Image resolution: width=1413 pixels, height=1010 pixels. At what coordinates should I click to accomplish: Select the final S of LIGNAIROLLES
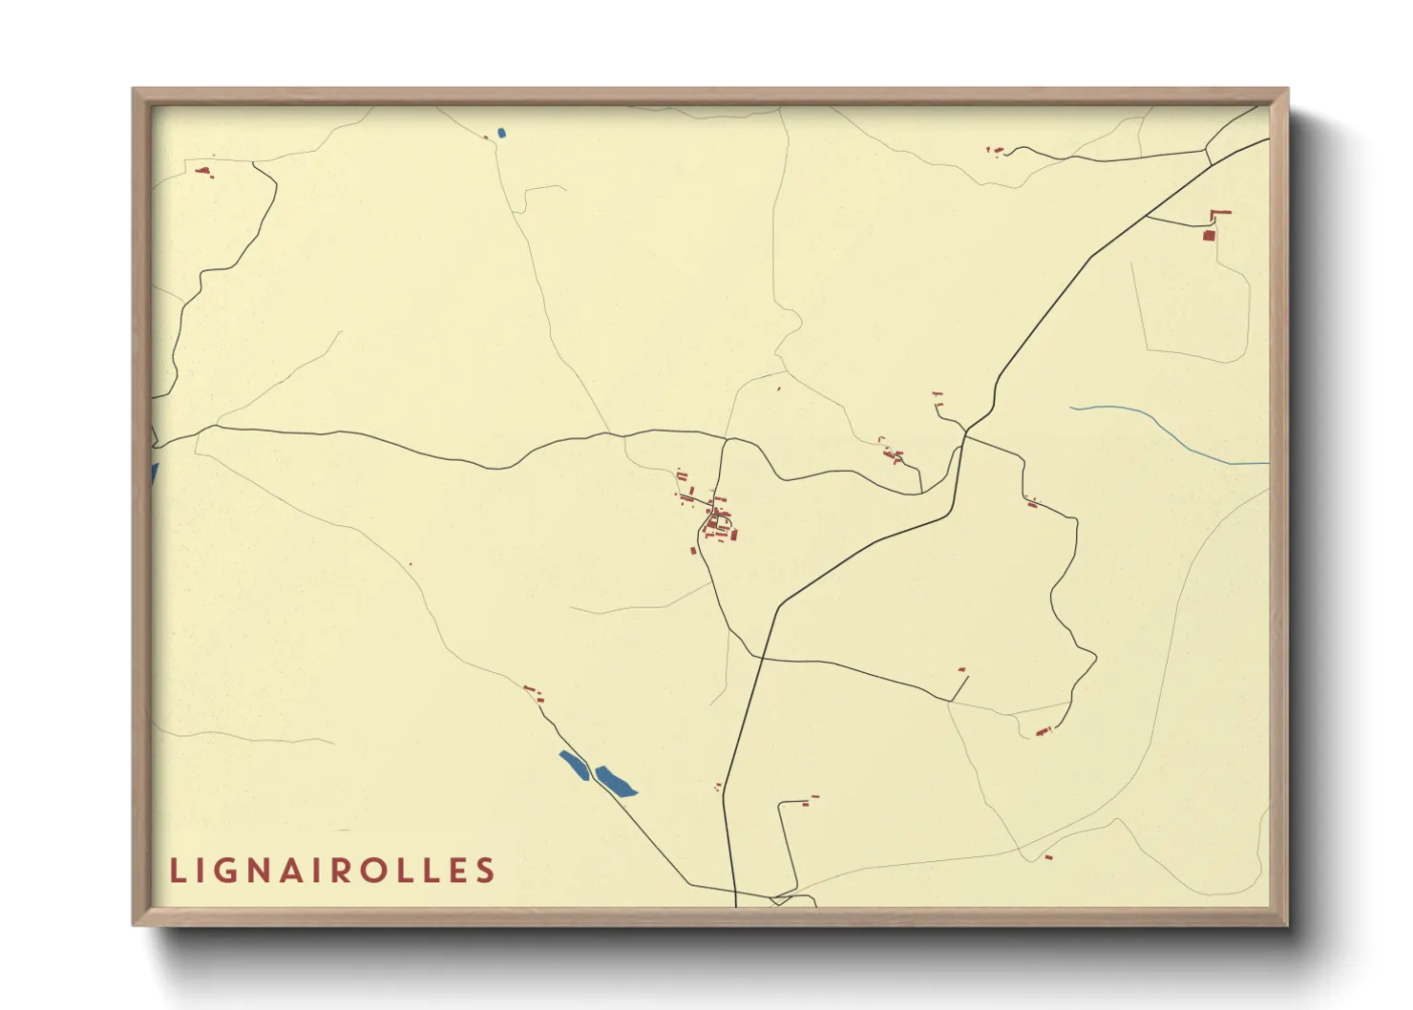[x=486, y=871]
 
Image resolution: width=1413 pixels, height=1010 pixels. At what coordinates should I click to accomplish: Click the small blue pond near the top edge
[x=502, y=133]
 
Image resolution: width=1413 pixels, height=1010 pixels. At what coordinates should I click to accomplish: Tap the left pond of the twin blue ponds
[x=574, y=765]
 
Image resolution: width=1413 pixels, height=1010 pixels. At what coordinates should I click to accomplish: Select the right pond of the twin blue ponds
[x=616, y=782]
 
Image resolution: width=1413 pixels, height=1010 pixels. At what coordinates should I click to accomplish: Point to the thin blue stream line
[x=1165, y=430]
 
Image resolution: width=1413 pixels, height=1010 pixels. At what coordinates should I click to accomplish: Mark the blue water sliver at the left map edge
[x=154, y=473]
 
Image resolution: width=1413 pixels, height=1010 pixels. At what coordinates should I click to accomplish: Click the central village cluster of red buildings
[x=717, y=521]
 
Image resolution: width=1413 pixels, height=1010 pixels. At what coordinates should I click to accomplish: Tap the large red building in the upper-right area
[x=1209, y=234]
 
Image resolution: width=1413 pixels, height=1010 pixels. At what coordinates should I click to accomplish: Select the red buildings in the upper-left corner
[x=202, y=172]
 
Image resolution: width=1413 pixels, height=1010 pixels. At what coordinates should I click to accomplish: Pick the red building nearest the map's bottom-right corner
[x=1048, y=857]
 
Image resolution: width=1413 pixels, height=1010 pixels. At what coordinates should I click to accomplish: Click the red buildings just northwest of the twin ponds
[x=533, y=691]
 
